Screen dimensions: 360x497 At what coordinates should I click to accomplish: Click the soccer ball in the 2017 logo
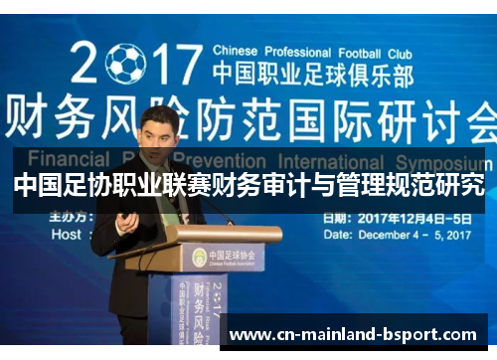coord(125,63)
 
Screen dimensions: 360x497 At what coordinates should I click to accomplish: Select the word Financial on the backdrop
coord(68,158)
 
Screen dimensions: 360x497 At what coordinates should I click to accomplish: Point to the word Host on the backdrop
coord(68,235)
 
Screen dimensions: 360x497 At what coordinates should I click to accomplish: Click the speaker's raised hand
coord(126,221)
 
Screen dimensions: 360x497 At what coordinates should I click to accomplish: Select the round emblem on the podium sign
coord(199,257)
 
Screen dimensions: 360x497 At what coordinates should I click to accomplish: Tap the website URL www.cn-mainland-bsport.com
coord(353,335)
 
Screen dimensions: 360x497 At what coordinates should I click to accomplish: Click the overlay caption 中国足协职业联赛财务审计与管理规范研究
coord(248,185)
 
